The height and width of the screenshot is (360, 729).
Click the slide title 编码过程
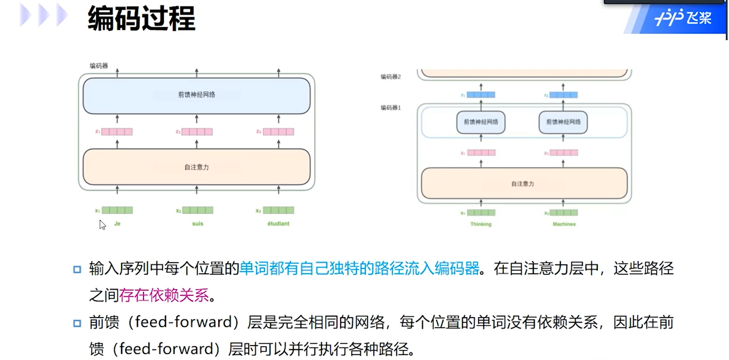[x=141, y=20]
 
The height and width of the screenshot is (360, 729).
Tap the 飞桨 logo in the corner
[x=683, y=19]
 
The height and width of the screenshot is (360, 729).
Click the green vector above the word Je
[x=117, y=210]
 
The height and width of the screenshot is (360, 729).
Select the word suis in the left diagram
[x=198, y=224]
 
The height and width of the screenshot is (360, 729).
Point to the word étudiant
[x=278, y=224]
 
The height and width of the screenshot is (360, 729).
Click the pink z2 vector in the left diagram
[x=197, y=132]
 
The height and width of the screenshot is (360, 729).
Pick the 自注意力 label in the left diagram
[x=197, y=167]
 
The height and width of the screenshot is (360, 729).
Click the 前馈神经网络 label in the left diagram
[x=197, y=95]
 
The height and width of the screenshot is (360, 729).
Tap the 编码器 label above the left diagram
[x=99, y=66]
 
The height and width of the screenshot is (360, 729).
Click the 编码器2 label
[x=391, y=77]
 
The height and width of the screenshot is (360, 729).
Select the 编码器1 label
[x=391, y=108]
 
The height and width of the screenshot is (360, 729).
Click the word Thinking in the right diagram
[x=481, y=224]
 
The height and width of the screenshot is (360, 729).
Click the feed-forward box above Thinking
[x=481, y=122]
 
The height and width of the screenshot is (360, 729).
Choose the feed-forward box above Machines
[x=563, y=122]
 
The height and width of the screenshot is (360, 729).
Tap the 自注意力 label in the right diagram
[x=523, y=184]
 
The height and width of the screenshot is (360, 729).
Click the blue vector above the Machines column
[x=563, y=95]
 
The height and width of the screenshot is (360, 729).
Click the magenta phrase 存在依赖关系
[x=164, y=295]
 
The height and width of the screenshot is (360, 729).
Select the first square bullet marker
[x=77, y=269]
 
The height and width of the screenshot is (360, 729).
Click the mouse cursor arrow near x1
[x=103, y=225]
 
